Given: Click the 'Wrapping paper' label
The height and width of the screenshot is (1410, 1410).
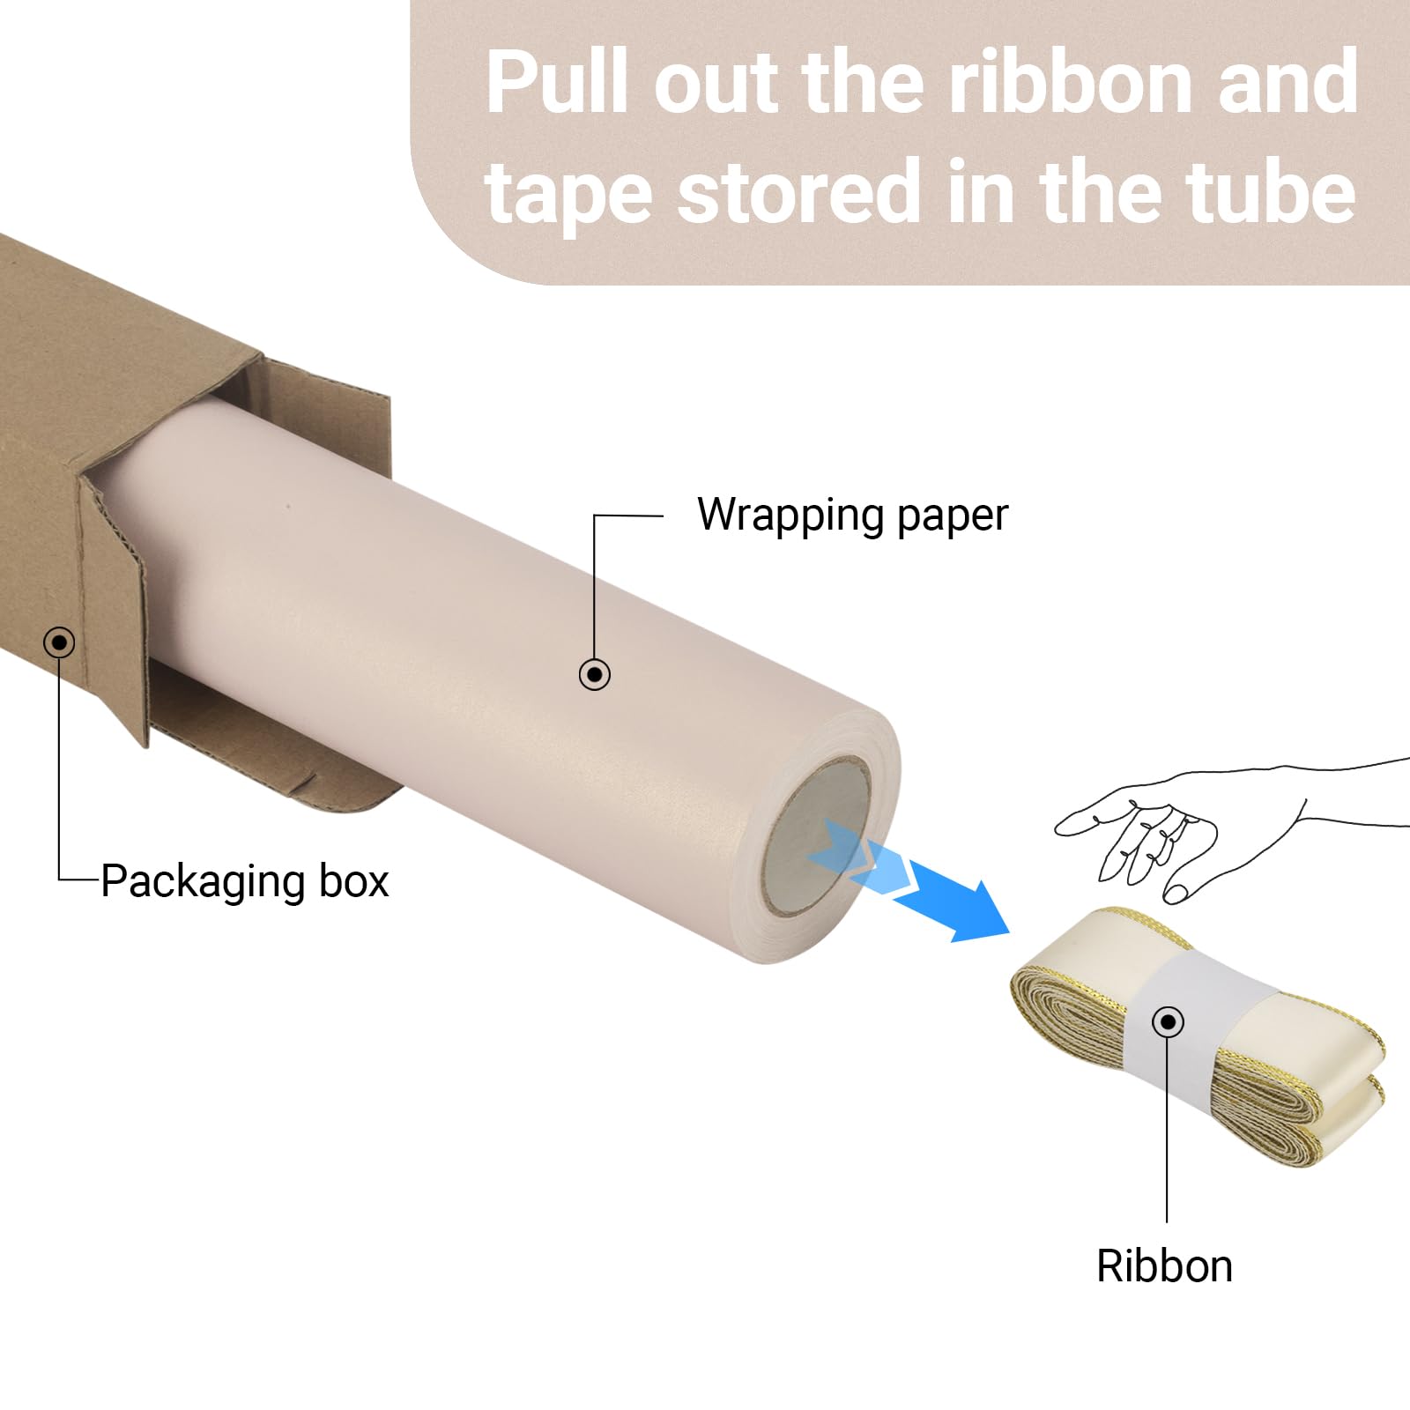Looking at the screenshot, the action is click(x=852, y=516).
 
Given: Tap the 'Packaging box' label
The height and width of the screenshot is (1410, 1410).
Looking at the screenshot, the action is click(x=245, y=881).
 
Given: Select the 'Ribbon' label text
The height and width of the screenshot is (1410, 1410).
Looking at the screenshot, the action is click(x=1164, y=1265).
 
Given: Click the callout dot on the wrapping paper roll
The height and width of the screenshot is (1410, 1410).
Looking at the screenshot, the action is click(x=595, y=674).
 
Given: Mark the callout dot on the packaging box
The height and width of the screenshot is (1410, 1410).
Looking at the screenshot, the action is click(x=59, y=642).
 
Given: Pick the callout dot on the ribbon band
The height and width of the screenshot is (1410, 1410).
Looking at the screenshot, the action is click(x=1169, y=1022).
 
